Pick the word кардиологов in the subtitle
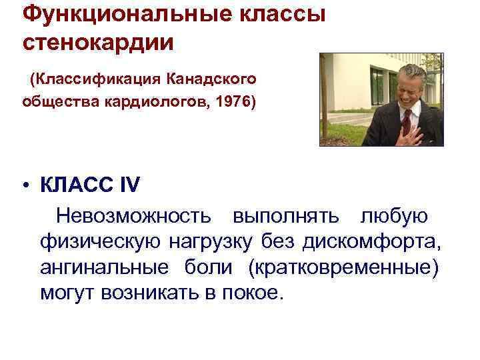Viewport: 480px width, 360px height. point(162,103)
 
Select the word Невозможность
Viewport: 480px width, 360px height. point(134,217)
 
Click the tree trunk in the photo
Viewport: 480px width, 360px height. point(325,100)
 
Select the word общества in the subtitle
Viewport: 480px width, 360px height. point(60,103)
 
